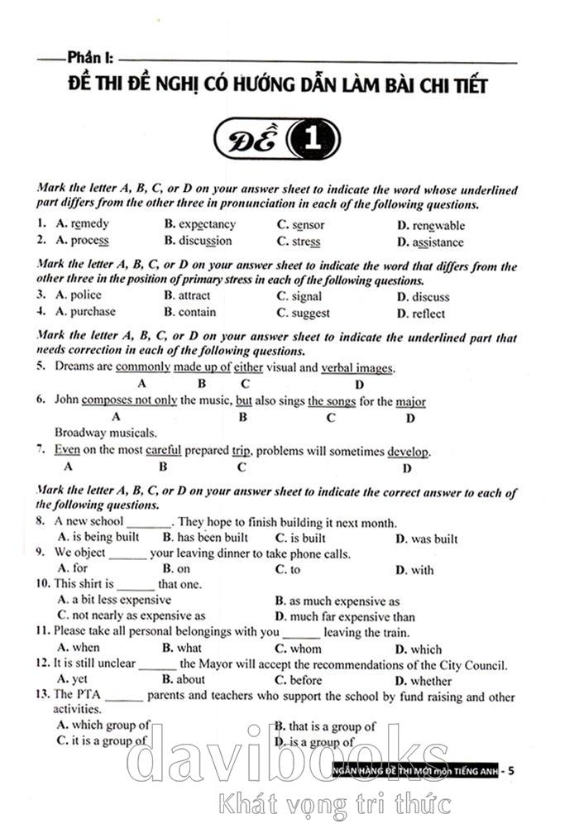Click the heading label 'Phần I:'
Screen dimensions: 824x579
[89, 59]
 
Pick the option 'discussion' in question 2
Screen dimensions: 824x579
[205, 242]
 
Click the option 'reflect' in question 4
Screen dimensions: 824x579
[428, 314]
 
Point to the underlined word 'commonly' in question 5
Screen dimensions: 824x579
[143, 367]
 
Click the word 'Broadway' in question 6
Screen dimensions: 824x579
[80, 432]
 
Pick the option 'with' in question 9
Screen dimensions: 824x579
[422, 570]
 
